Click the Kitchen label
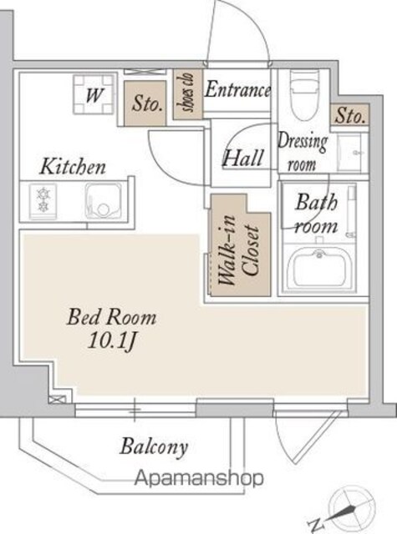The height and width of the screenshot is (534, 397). pyautogui.click(x=73, y=167)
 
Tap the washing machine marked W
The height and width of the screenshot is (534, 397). pyautogui.click(x=94, y=94)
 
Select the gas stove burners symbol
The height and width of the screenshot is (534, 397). pyautogui.click(x=43, y=200)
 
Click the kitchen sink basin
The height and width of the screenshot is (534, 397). pyautogui.click(x=104, y=201)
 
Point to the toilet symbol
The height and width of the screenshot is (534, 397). pyautogui.click(x=305, y=95)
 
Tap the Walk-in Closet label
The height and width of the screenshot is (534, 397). pyautogui.click(x=239, y=250)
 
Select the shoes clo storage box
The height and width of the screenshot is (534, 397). pyautogui.click(x=188, y=93)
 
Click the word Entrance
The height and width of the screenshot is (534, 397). pyautogui.click(x=237, y=89)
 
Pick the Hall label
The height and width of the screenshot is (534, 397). pyautogui.click(x=243, y=158)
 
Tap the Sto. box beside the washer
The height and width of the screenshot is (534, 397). pyautogui.click(x=145, y=103)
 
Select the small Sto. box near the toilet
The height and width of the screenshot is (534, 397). pyautogui.click(x=350, y=115)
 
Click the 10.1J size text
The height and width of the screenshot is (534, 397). pyautogui.click(x=112, y=340)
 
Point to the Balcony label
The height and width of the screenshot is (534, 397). pyautogui.click(x=154, y=446)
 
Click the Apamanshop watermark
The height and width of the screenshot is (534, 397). pyautogui.click(x=199, y=478)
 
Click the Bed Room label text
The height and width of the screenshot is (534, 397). pyautogui.click(x=112, y=317)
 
